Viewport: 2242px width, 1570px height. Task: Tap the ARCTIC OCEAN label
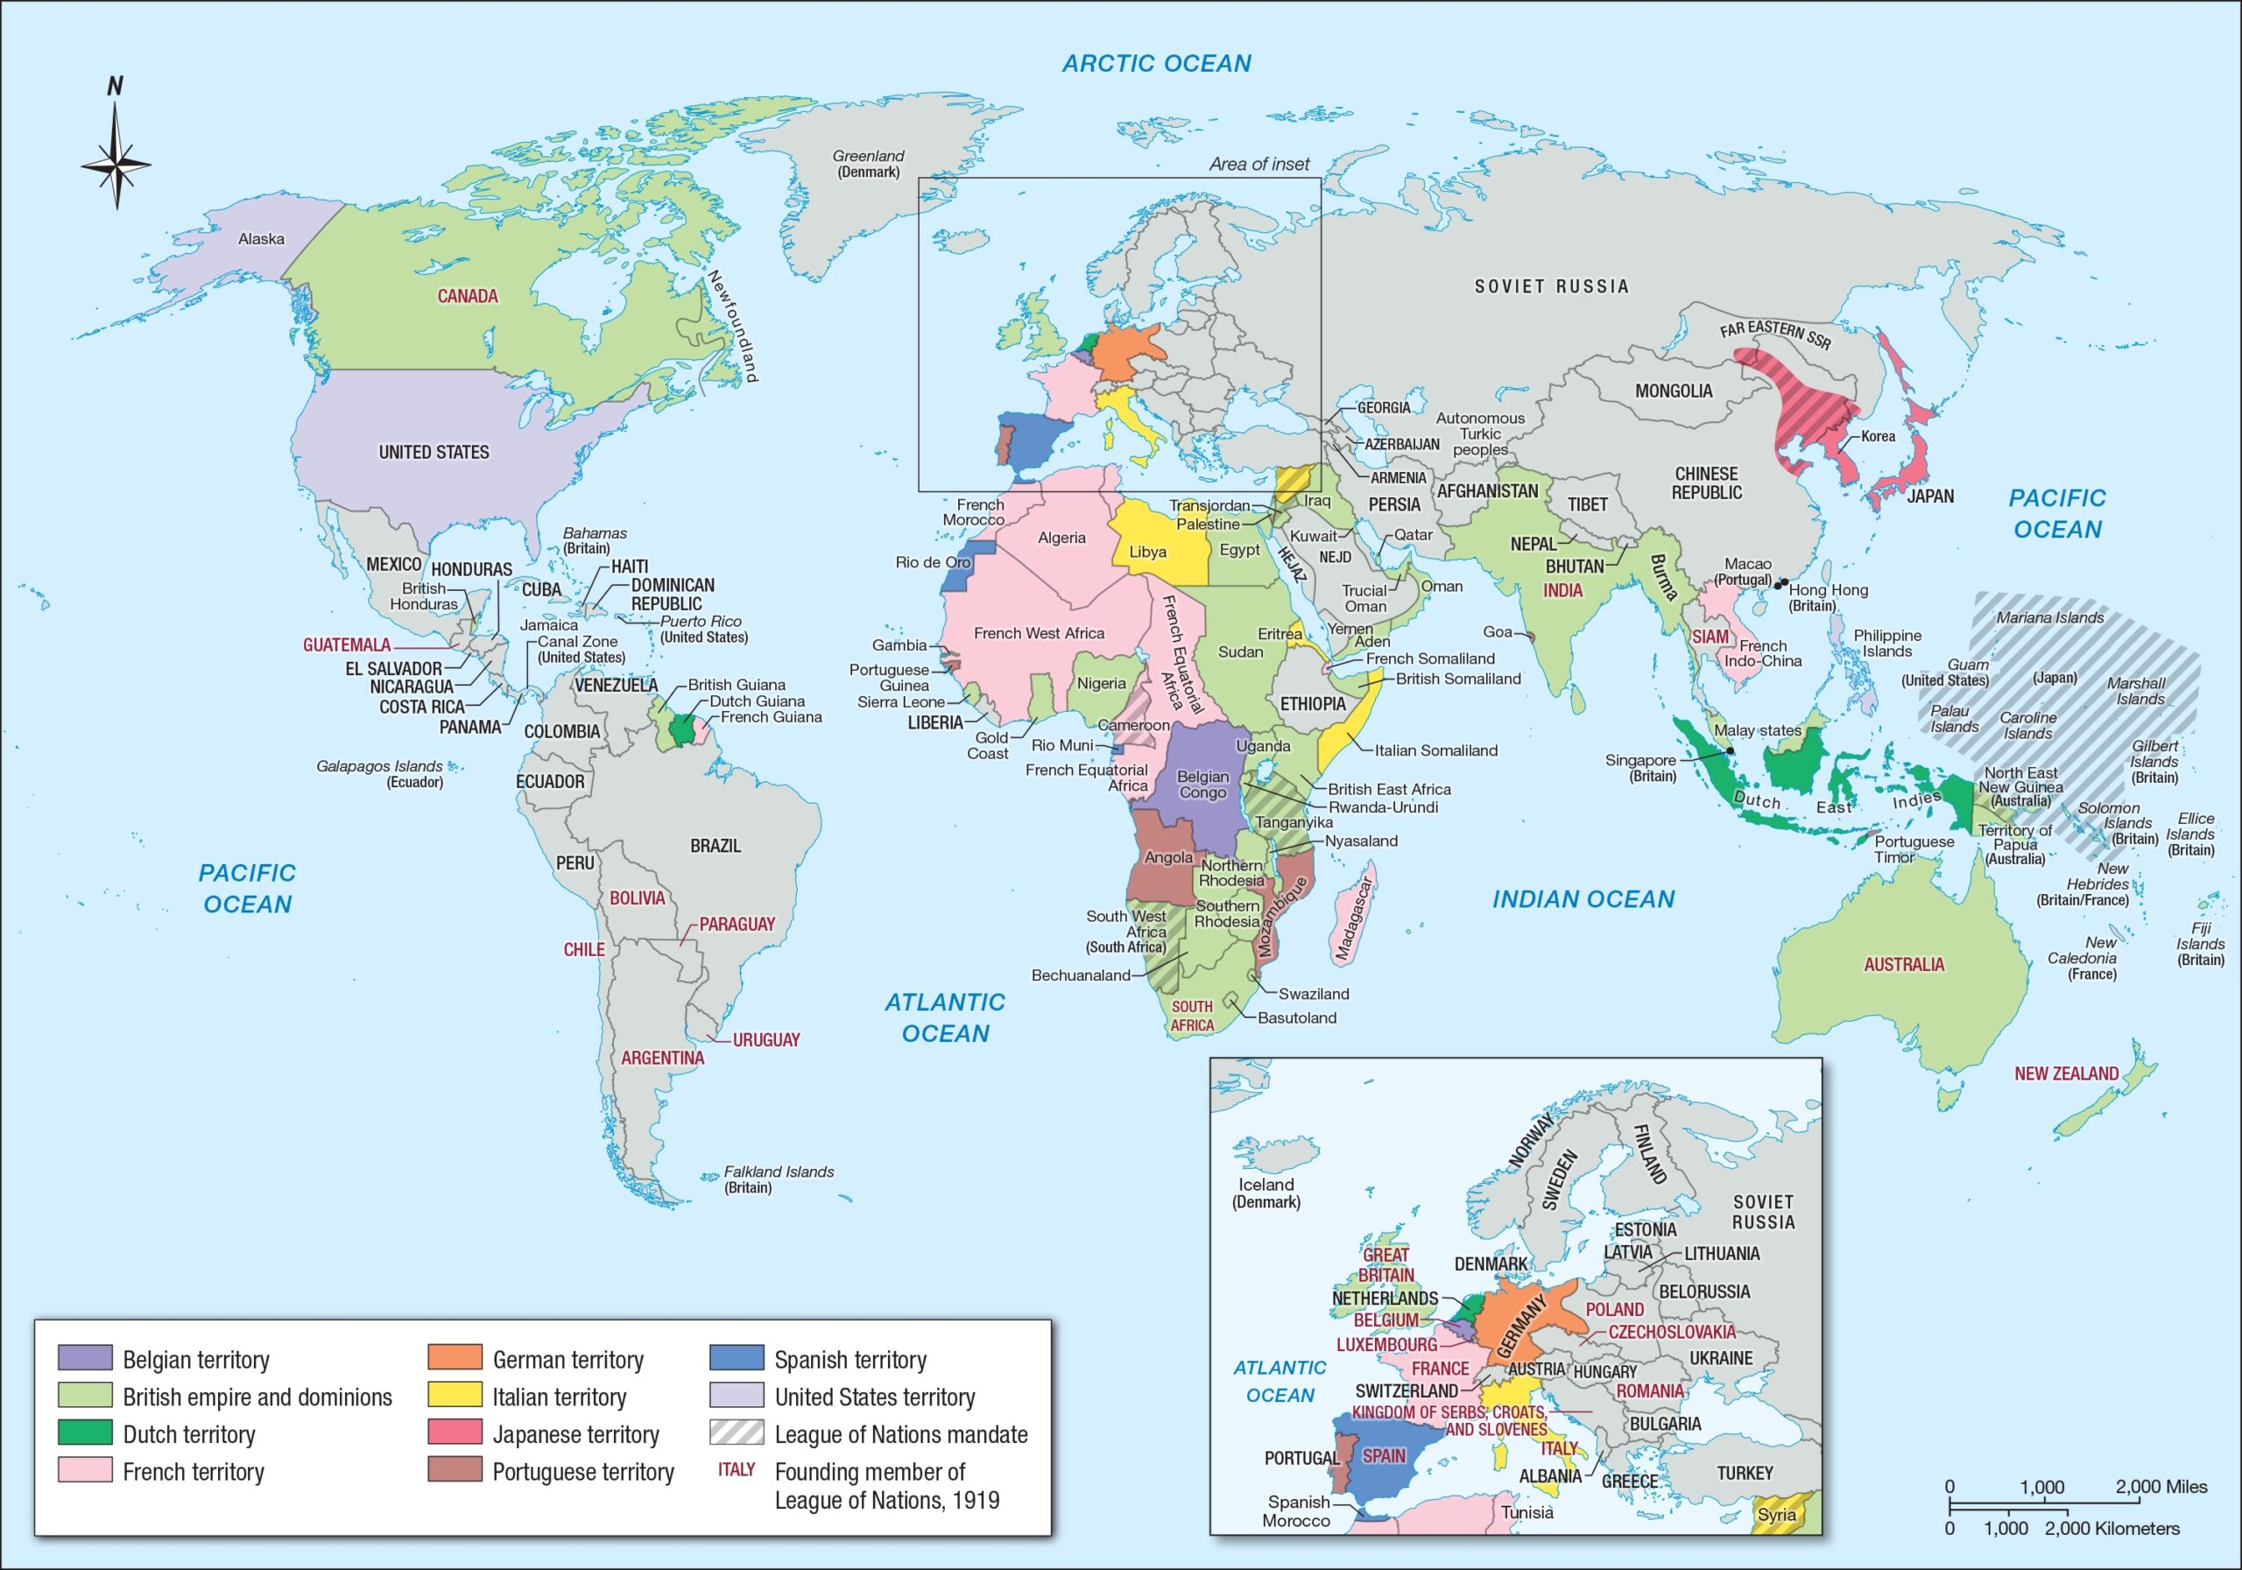point(1156,63)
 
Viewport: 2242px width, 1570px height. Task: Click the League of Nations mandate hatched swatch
point(737,1433)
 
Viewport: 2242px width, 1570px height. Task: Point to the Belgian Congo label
point(1202,784)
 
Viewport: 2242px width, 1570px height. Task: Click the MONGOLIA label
point(1673,391)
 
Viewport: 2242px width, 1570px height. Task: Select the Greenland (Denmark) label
point(868,163)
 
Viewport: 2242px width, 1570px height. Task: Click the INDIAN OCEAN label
point(1582,899)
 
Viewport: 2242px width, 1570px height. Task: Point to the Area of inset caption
point(1258,164)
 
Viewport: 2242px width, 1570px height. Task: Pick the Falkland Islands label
point(779,1179)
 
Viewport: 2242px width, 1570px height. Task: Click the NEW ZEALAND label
point(2066,1073)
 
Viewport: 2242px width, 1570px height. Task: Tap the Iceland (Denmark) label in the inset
point(1266,1192)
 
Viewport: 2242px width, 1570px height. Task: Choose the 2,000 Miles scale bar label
point(2161,1487)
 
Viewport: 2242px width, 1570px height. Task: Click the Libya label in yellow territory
point(1147,552)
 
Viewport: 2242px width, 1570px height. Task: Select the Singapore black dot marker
point(1730,750)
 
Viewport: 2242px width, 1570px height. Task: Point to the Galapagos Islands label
point(379,773)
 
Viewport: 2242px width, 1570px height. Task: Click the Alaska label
point(261,238)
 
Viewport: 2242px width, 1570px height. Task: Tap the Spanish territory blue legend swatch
point(737,1357)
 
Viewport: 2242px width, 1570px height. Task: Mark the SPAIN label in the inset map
point(1384,1456)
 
